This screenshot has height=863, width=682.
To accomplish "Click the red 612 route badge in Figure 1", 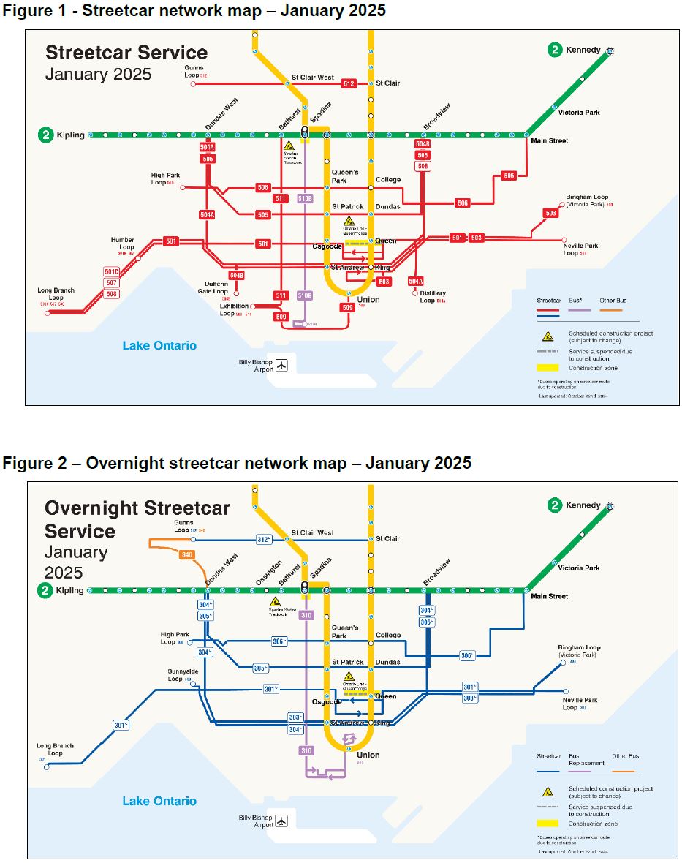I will pyautogui.click(x=349, y=84).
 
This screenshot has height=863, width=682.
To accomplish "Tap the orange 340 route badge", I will pyautogui.click(x=186, y=555).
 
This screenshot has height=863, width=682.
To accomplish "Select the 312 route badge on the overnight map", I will pyautogui.click(x=264, y=540).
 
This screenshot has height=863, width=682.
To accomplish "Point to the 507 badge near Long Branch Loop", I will pyautogui.click(x=111, y=283).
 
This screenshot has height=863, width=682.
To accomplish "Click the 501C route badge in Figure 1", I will pyautogui.click(x=111, y=272).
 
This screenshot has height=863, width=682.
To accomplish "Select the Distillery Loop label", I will pyautogui.click(x=433, y=296).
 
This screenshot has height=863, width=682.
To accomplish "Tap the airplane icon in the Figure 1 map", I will pyautogui.click(x=282, y=365).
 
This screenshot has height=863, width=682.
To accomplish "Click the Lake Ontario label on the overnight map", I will pyautogui.click(x=159, y=801).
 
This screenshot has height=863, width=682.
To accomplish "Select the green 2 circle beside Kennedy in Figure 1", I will pyautogui.click(x=556, y=50).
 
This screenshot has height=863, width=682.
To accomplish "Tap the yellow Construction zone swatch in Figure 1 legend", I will pyautogui.click(x=547, y=368).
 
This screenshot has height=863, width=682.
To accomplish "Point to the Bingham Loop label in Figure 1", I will pyautogui.click(x=586, y=200).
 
